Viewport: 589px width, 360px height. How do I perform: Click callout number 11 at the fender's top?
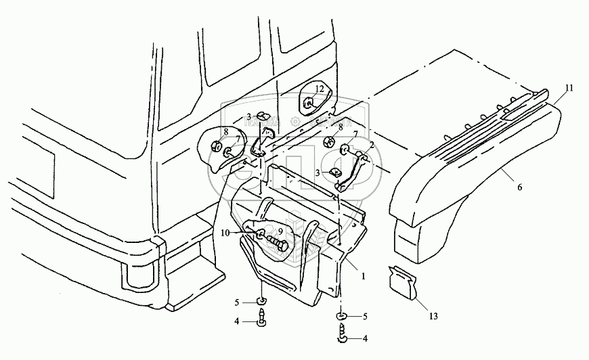(x=569, y=89)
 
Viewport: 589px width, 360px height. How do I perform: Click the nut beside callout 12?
(x=309, y=103)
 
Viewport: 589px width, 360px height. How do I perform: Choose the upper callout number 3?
(x=248, y=116)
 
